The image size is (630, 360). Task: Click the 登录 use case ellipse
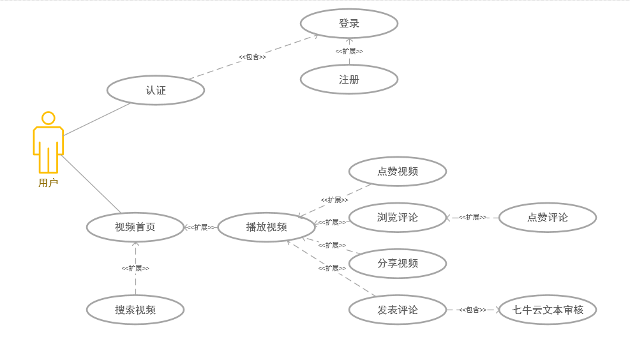pyautogui.click(x=349, y=24)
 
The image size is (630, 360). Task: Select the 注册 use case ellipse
pyautogui.click(x=349, y=80)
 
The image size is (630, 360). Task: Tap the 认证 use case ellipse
pyautogui.click(x=156, y=91)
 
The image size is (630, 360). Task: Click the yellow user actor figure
pyautogui.click(x=49, y=143)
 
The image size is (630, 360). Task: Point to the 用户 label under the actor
pyautogui.click(x=48, y=183)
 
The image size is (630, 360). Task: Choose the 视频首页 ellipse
pyautogui.click(x=135, y=227)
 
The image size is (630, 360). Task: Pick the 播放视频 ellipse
pyautogui.click(x=267, y=227)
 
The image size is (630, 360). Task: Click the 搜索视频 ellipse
pyautogui.click(x=135, y=310)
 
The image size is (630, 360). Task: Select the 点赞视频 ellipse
pyautogui.click(x=398, y=172)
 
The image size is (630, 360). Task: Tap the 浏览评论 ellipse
pyautogui.click(x=398, y=218)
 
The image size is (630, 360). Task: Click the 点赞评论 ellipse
pyautogui.click(x=548, y=218)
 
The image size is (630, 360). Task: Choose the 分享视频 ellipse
pyautogui.click(x=398, y=264)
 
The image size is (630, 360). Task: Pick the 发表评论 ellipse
pyautogui.click(x=398, y=310)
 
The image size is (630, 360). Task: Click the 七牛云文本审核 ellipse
pyautogui.click(x=548, y=310)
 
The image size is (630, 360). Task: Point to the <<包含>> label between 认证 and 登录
pyautogui.click(x=252, y=57)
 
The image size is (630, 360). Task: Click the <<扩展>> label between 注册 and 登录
pyautogui.click(x=349, y=51)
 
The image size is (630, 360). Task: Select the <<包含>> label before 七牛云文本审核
pyautogui.click(x=472, y=310)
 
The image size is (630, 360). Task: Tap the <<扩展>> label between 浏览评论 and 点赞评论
pyautogui.click(x=472, y=218)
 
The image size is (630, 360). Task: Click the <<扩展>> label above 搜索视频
pyautogui.click(x=135, y=269)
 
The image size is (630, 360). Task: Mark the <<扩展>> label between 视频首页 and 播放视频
pyautogui.click(x=200, y=227)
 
